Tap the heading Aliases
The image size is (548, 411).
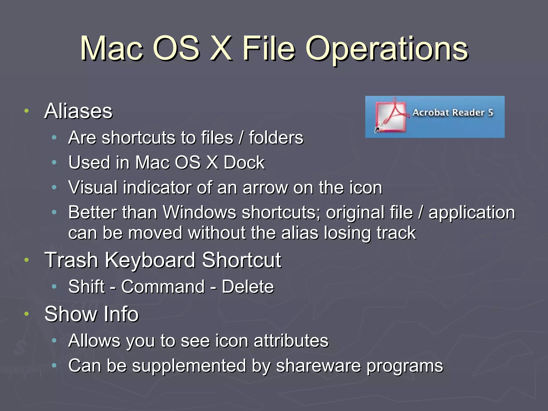point(78,111)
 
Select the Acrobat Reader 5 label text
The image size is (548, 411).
point(453,113)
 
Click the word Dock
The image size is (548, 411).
point(244,163)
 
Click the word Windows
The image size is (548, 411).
point(200,213)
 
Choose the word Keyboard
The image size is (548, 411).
point(150,260)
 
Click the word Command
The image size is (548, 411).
point(163,287)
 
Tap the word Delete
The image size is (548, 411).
point(248,287)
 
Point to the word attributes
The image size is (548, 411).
point(291,341)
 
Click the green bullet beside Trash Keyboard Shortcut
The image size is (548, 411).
point(26,260)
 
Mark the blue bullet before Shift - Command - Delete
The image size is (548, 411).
point(54,287)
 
